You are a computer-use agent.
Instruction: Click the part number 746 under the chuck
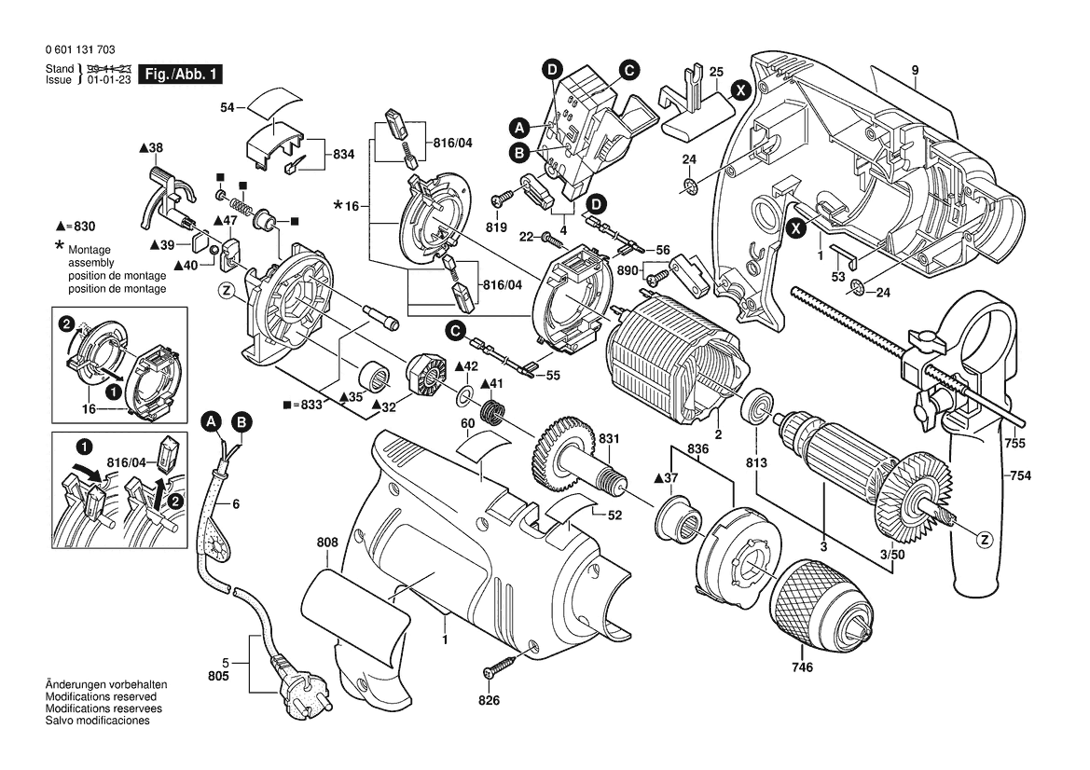[802, 667]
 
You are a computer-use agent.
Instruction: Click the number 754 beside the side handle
[1019, 476]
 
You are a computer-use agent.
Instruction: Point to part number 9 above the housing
[915, 70]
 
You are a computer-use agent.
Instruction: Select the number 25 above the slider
[716, 72]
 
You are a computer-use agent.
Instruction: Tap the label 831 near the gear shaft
[609, 439]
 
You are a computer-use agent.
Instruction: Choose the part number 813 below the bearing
[756, 463]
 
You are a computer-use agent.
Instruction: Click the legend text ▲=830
[76, 227]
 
